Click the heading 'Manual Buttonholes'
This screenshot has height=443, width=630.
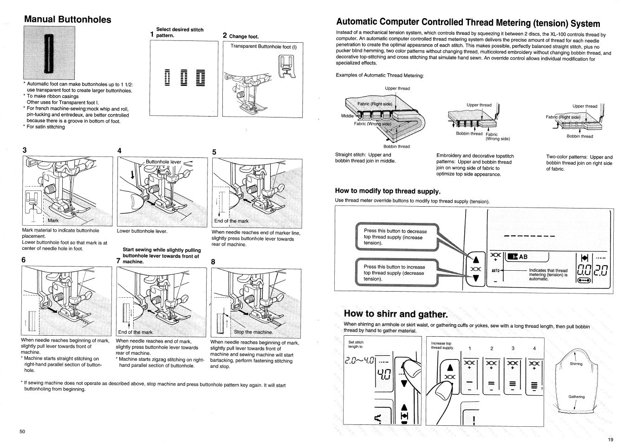(x=68, y=20)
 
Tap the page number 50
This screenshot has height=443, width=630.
(x=22, y=432)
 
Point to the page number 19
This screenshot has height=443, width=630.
(x=610, y=440)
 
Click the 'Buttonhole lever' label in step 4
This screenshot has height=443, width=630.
(x=163, y=162)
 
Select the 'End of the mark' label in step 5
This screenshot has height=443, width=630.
(x=231, y=221)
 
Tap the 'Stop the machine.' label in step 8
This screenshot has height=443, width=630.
(x=253, y=332)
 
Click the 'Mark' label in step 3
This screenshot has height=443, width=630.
(x=53, y=221)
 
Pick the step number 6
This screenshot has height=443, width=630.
(x=23, y=260)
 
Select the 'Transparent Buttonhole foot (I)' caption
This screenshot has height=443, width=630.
(x=263, y=46)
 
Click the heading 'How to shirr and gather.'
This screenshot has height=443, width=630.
(x=397, y=313)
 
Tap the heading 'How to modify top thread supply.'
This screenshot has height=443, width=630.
(x=387, y=191)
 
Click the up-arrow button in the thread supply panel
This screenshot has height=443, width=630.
(x=475, y=259)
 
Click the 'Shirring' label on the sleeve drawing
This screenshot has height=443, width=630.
(x=576, y=364)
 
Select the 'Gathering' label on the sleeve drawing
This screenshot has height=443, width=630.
(x=576, y=397)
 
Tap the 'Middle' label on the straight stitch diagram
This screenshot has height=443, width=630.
(x=347, y=116)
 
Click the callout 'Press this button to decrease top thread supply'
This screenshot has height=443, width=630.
(x=395, y=237)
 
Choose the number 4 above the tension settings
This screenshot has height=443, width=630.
(x=534, y=348)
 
